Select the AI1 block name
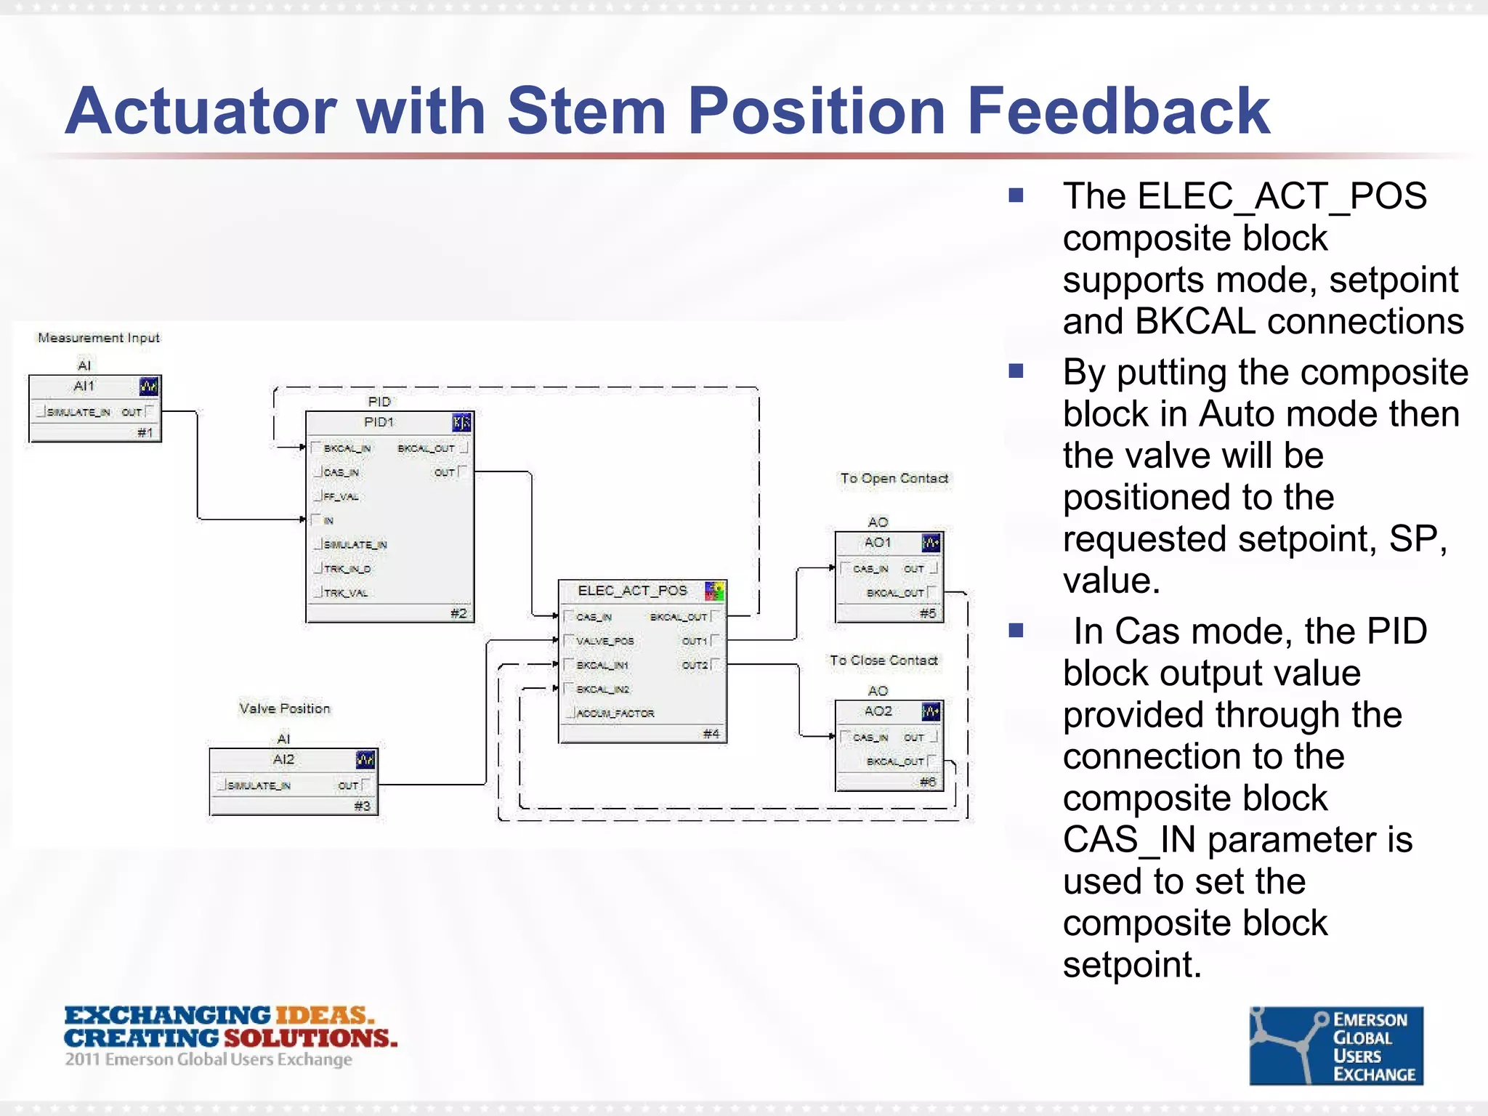tap(84, 386)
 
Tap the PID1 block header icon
tap(461, 422)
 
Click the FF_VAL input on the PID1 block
tap(341, 497)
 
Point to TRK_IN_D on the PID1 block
tap(347, 569)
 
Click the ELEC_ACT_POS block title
tap(632, 591)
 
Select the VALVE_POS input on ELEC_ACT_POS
tap(604, 641)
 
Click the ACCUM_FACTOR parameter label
tap(615, 713)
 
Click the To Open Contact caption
tap(894, 478)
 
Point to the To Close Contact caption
tap(883, 660)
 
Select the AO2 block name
tap(878, 711)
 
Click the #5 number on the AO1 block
tap(927, 613)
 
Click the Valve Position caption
tap(284, 708)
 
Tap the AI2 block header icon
tap(365, 760)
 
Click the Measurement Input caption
tap(98, 338)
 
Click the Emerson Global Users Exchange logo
tap(1335, 1046)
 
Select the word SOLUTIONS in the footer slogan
tap(310, 1038)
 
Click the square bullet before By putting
tap(1016, 372)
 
